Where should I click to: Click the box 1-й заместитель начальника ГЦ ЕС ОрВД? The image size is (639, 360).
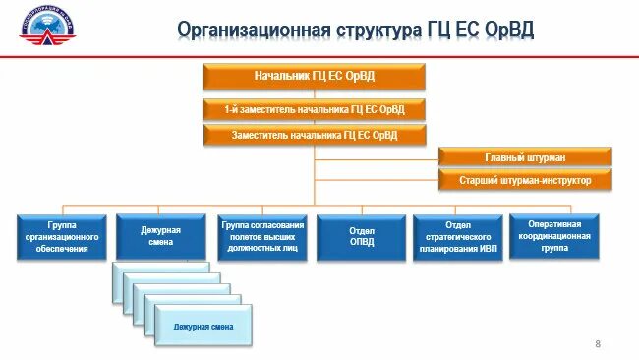(x=315, y=109)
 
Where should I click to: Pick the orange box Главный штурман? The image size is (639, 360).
(x=525, y=157)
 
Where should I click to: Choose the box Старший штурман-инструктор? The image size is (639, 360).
(x=525, y=180)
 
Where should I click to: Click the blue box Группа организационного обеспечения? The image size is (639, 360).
(x=61, y=237)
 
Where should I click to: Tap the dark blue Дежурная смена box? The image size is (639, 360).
(x=162, y=237)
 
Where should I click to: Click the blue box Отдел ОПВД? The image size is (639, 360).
(x=363, y=237)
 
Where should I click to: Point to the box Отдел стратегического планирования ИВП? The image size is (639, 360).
(x=458, y=237)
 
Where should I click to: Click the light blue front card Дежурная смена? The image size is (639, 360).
(x=203, y=326)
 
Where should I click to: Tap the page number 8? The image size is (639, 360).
(x=597, y=343)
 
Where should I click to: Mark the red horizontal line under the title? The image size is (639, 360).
(x=319, y=56)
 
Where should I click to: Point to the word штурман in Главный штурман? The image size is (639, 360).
(x=544, y=157)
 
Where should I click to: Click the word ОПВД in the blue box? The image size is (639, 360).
(x=363, y=244)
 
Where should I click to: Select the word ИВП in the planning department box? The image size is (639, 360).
(x=484, y=250)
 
